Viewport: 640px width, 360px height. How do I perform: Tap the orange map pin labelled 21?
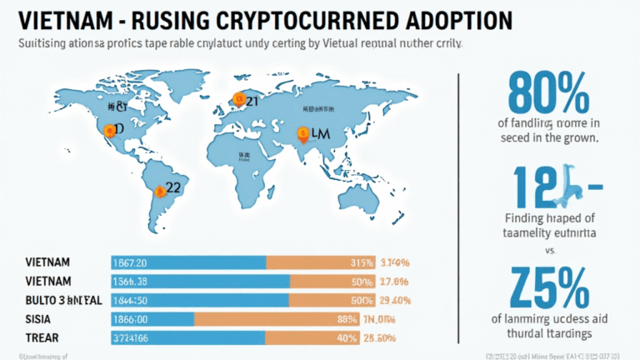click(238, 100)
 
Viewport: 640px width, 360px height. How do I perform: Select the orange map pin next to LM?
click(304, 132)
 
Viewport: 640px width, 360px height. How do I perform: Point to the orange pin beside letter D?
click(107, 129)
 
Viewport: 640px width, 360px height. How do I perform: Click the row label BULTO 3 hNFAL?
click(55, 299)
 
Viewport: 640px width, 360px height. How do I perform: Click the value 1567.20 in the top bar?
click(130, 262)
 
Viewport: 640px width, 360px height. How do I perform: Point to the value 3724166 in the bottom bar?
click(132, 337)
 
